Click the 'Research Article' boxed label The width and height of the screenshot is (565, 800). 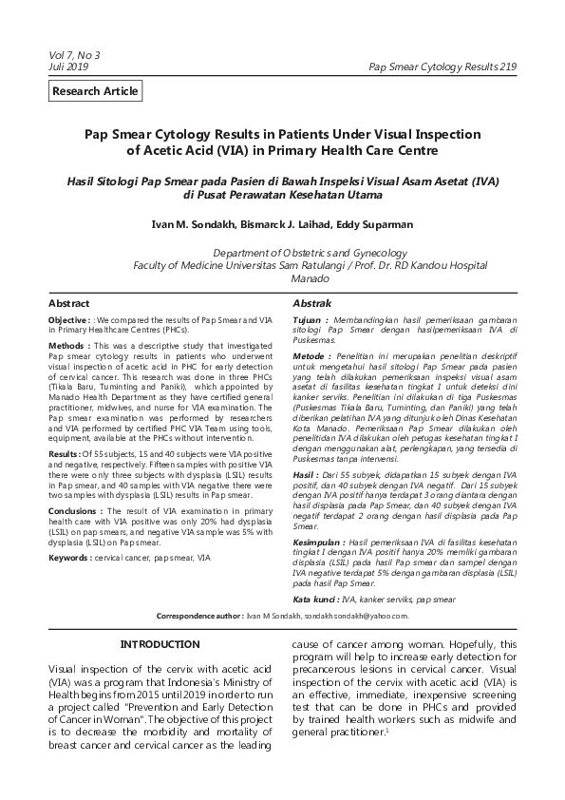(96, 92)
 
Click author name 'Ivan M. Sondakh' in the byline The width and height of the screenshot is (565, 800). (192, 223)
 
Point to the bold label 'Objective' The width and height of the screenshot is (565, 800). (69, 322)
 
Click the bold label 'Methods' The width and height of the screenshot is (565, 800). (67, 346)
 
